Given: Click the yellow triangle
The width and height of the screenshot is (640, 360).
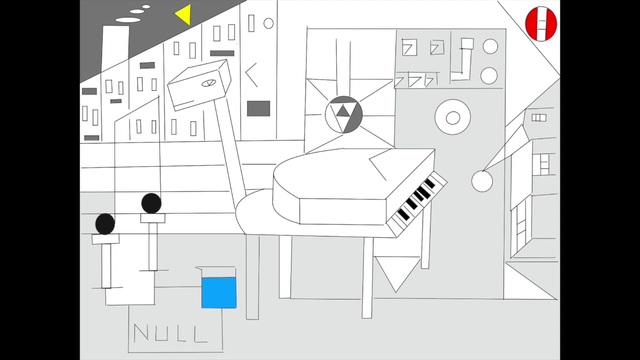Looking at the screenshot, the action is (x=185, y=15).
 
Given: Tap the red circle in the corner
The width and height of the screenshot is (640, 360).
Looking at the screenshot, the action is (x=541, y=24).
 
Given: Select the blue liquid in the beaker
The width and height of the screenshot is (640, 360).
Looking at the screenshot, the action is (x=219, y=293).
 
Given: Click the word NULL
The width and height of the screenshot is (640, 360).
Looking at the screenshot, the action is (x=170, y=333).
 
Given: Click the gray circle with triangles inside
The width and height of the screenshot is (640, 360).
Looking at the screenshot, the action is (x=344, y=115).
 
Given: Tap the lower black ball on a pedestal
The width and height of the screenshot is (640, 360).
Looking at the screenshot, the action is (x=105, y=224).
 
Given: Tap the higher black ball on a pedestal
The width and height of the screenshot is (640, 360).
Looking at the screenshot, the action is (x=151, y=203).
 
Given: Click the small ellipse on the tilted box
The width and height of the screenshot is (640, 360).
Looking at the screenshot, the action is (x=208, y=83).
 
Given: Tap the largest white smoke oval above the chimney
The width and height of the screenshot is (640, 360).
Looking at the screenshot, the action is (x=128, y=20).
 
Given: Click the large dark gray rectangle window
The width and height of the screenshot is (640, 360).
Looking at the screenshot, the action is (x=258, y=109).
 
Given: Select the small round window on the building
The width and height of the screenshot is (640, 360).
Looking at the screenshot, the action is (x=269, y=23).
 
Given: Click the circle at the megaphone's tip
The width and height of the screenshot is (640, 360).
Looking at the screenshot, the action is (x=482, y=181).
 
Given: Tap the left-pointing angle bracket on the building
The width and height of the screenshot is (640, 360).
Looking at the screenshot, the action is (x=251, y=74).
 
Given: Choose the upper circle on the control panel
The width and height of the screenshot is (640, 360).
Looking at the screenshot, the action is (x=490, y=47).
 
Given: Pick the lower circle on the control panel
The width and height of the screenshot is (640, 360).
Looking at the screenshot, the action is (x=489, y=76).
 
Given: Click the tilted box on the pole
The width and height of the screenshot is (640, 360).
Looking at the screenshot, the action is (x=200, y=85).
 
